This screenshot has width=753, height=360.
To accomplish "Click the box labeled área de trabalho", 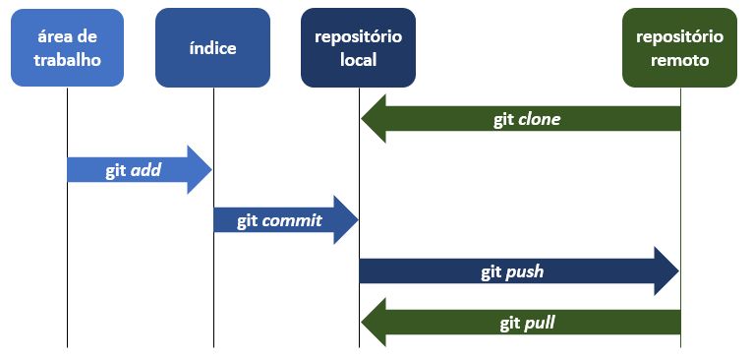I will [67, 48].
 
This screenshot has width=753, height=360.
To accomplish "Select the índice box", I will [212, 48].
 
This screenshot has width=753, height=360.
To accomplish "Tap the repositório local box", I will [359, 48].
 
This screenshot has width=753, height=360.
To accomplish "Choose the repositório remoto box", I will [679, 48].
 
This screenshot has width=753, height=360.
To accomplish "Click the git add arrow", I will [138, 170].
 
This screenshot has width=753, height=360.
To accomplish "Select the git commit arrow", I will [285, 220].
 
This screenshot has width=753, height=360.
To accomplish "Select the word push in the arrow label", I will [525, 271].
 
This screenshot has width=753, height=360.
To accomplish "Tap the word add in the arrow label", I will [145, 170].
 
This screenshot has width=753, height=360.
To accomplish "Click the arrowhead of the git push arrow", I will [666, 271].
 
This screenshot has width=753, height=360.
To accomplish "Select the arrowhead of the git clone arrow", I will [375, 120].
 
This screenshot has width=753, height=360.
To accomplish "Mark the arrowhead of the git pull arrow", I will [375, 322].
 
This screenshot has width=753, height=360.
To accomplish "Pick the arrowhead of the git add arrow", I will [200, 170].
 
